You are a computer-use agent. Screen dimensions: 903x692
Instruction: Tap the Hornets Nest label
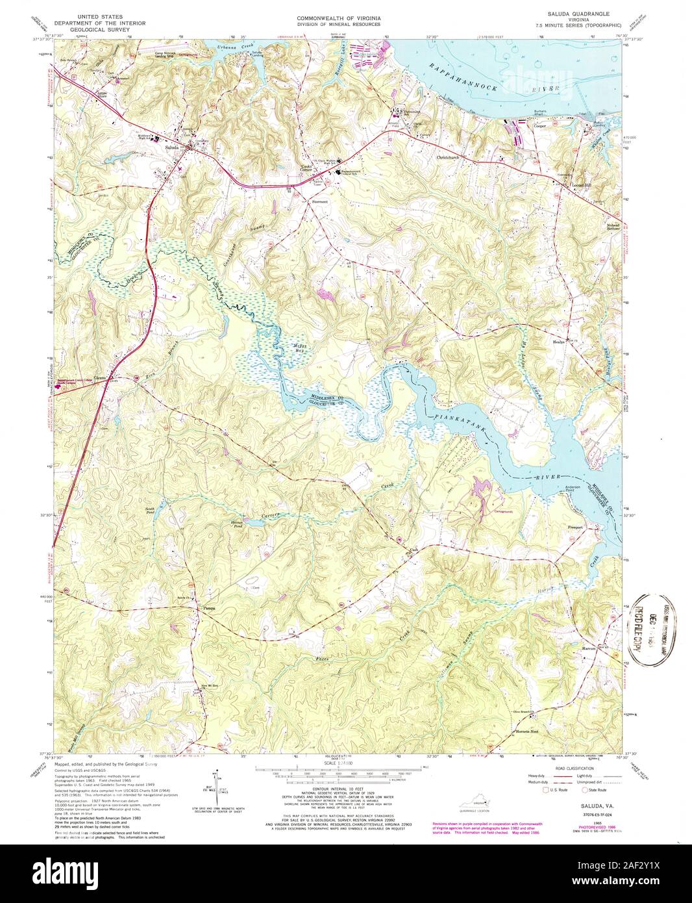tap(526, 731)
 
